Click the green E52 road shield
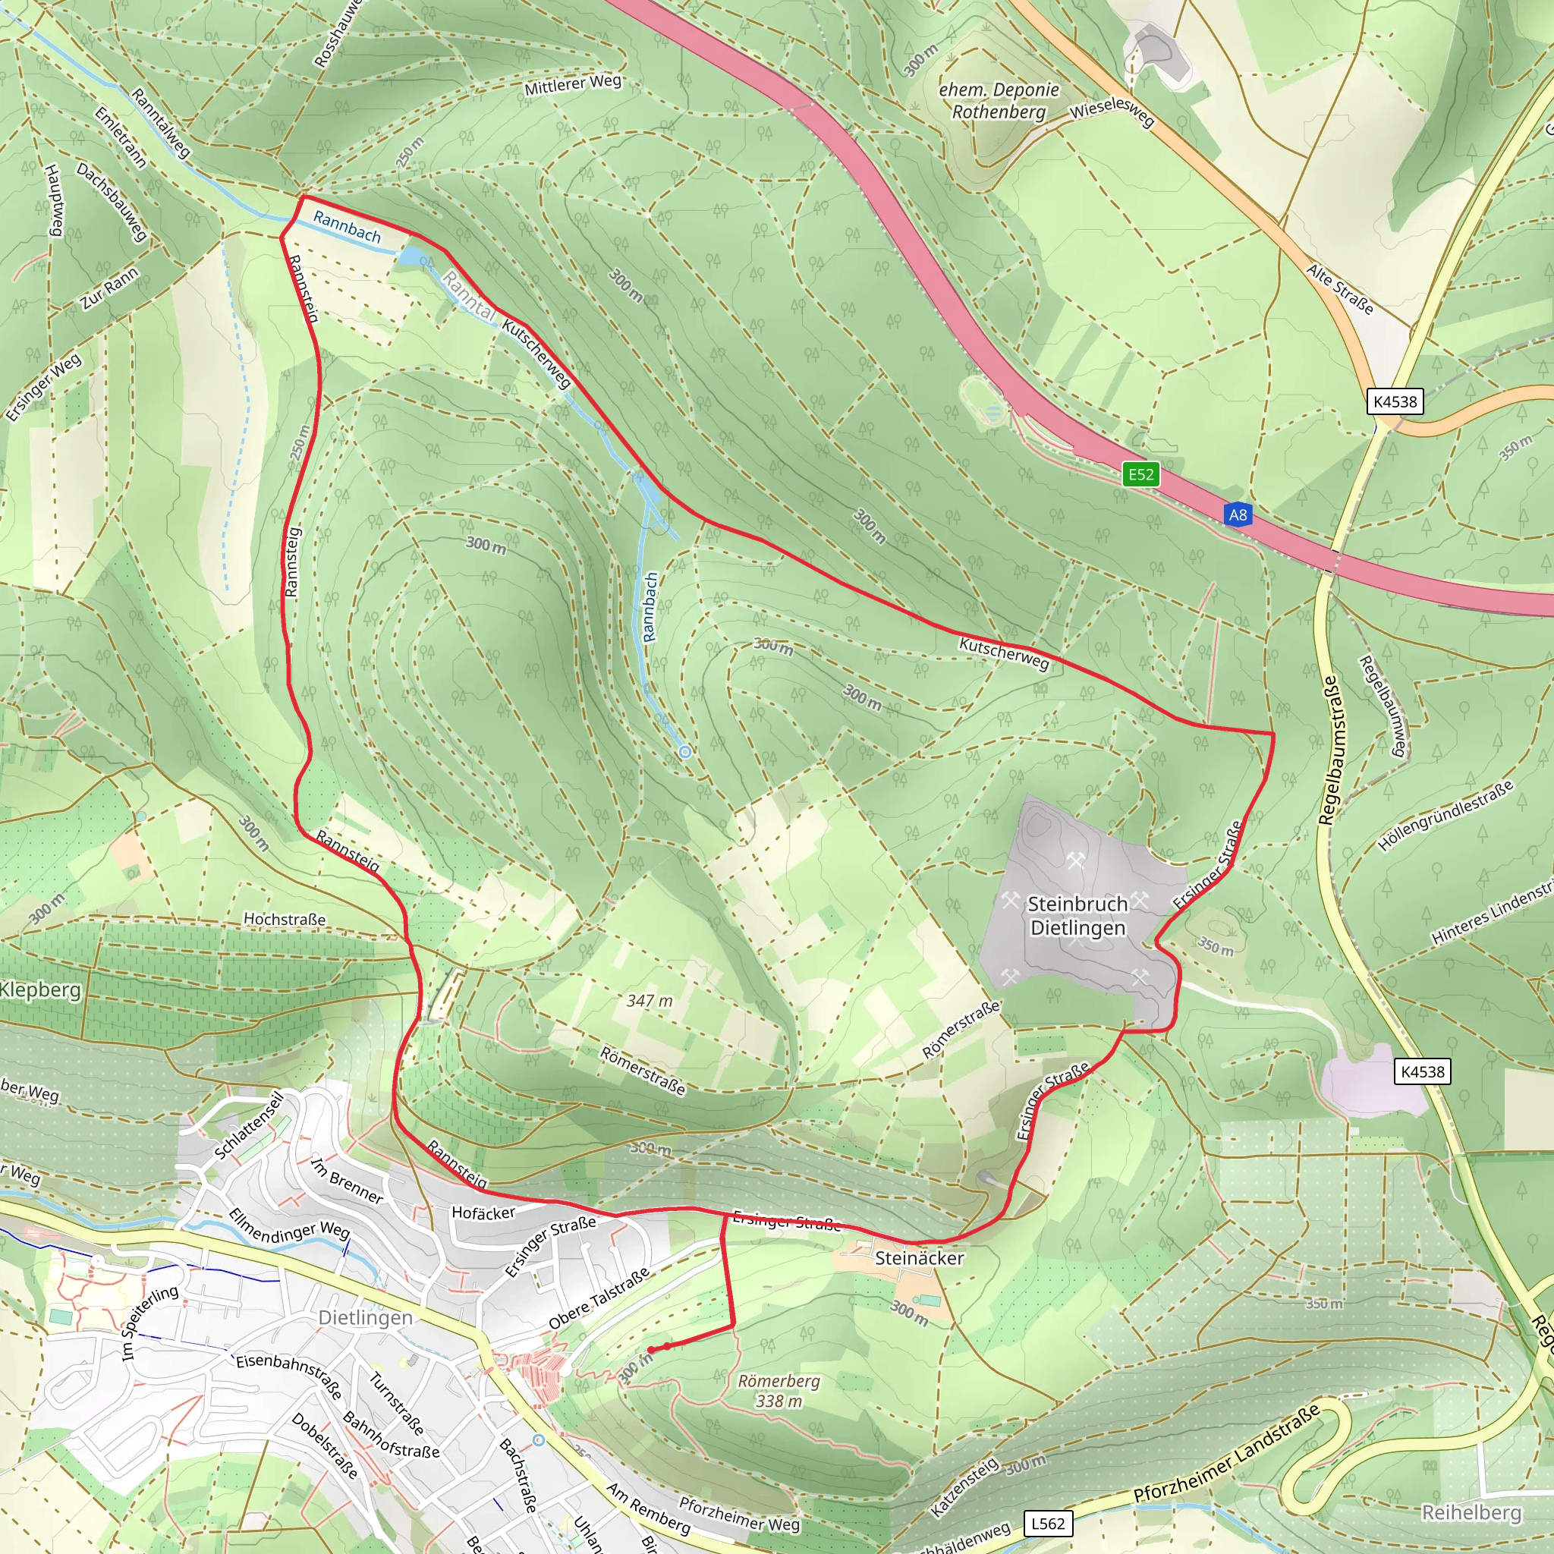[x=1140, y=473]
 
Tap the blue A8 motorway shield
[x=1238, y=514]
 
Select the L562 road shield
[x=1048, y=1524]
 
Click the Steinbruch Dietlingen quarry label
[x=1077, y=915]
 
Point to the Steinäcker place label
[x=919, y=1258]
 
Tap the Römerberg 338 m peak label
[x=779, y=1391]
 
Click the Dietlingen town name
[x=365, y=1317]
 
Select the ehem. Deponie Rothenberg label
[x=999, y=101]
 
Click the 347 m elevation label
[x=649, y=1001]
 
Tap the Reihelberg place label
[x=1471, y=1513]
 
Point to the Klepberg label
[x=40, y=989]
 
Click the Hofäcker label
[x=483, y=1213]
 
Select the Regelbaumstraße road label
[x=1328, y=750]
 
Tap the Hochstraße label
[x=285, y=920]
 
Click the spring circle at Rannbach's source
[x=684, y=752]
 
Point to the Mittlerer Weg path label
[x=573, y=84]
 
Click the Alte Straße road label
[x=1339, y=290]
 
